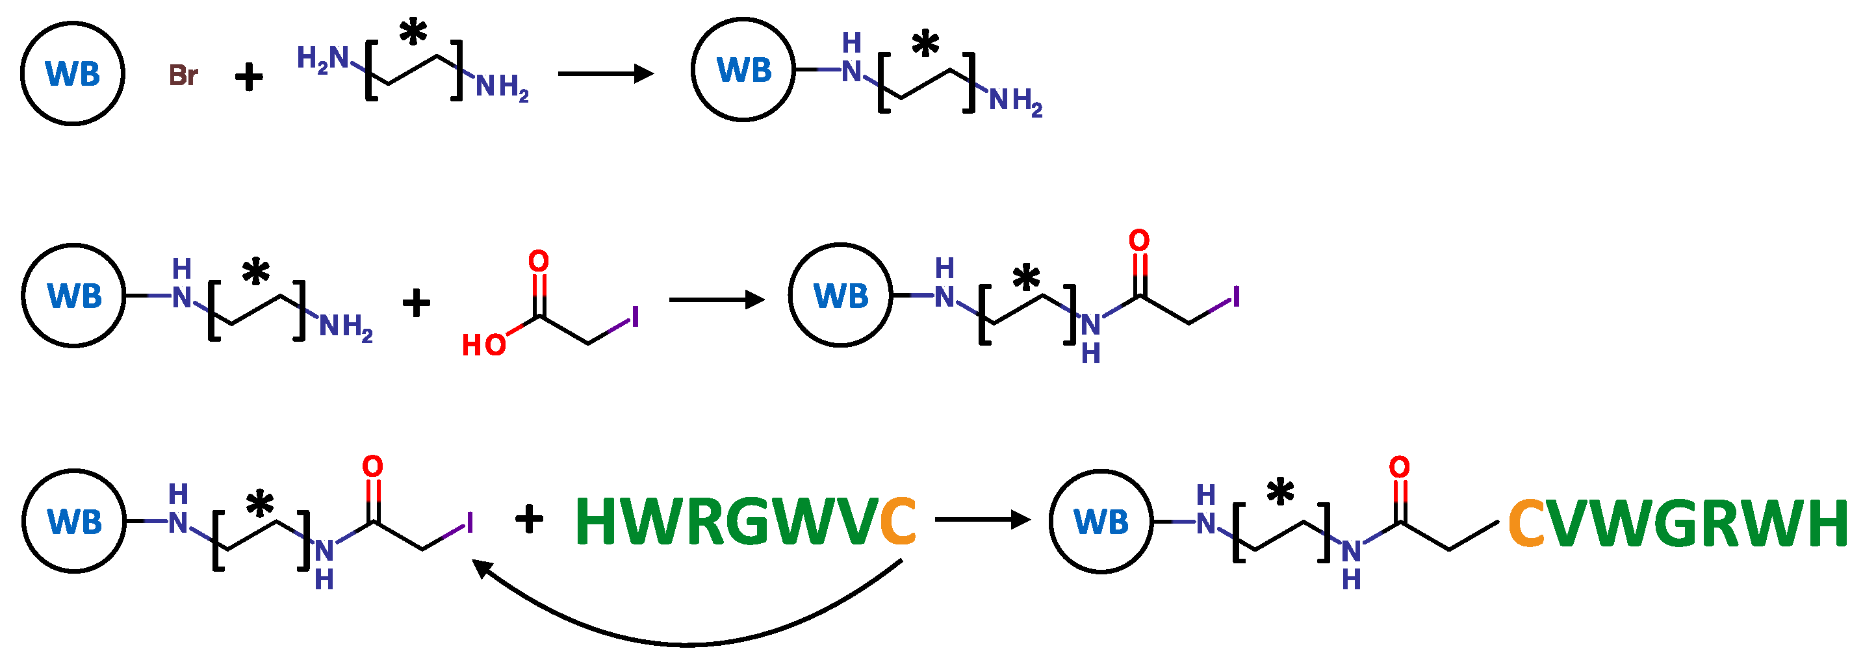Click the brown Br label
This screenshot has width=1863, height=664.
click(183, 75)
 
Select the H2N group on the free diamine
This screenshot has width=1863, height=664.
click(322, 58)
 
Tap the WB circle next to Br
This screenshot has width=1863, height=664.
click(72, 73)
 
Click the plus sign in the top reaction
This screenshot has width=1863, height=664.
click(249, 77)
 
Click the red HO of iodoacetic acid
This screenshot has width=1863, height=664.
click(484, 345)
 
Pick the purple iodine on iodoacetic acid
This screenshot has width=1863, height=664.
click(635, 317)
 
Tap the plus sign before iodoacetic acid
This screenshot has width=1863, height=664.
click(416, 302)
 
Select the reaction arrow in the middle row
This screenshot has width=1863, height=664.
click(716, 300)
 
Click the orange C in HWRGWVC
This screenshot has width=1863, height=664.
click(897, 522)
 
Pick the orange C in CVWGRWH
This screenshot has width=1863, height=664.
click(1526, 523)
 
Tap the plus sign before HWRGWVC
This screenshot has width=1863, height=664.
click(529, 518)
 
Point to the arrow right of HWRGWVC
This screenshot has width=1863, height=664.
click(982, 519)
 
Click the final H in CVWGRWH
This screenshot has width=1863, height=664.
click(1825, 523)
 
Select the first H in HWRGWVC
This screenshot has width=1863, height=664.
click(597, 522)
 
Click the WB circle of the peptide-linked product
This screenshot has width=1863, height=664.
click(1101, 522)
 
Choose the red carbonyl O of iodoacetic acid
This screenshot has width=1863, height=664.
click(538, 261)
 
